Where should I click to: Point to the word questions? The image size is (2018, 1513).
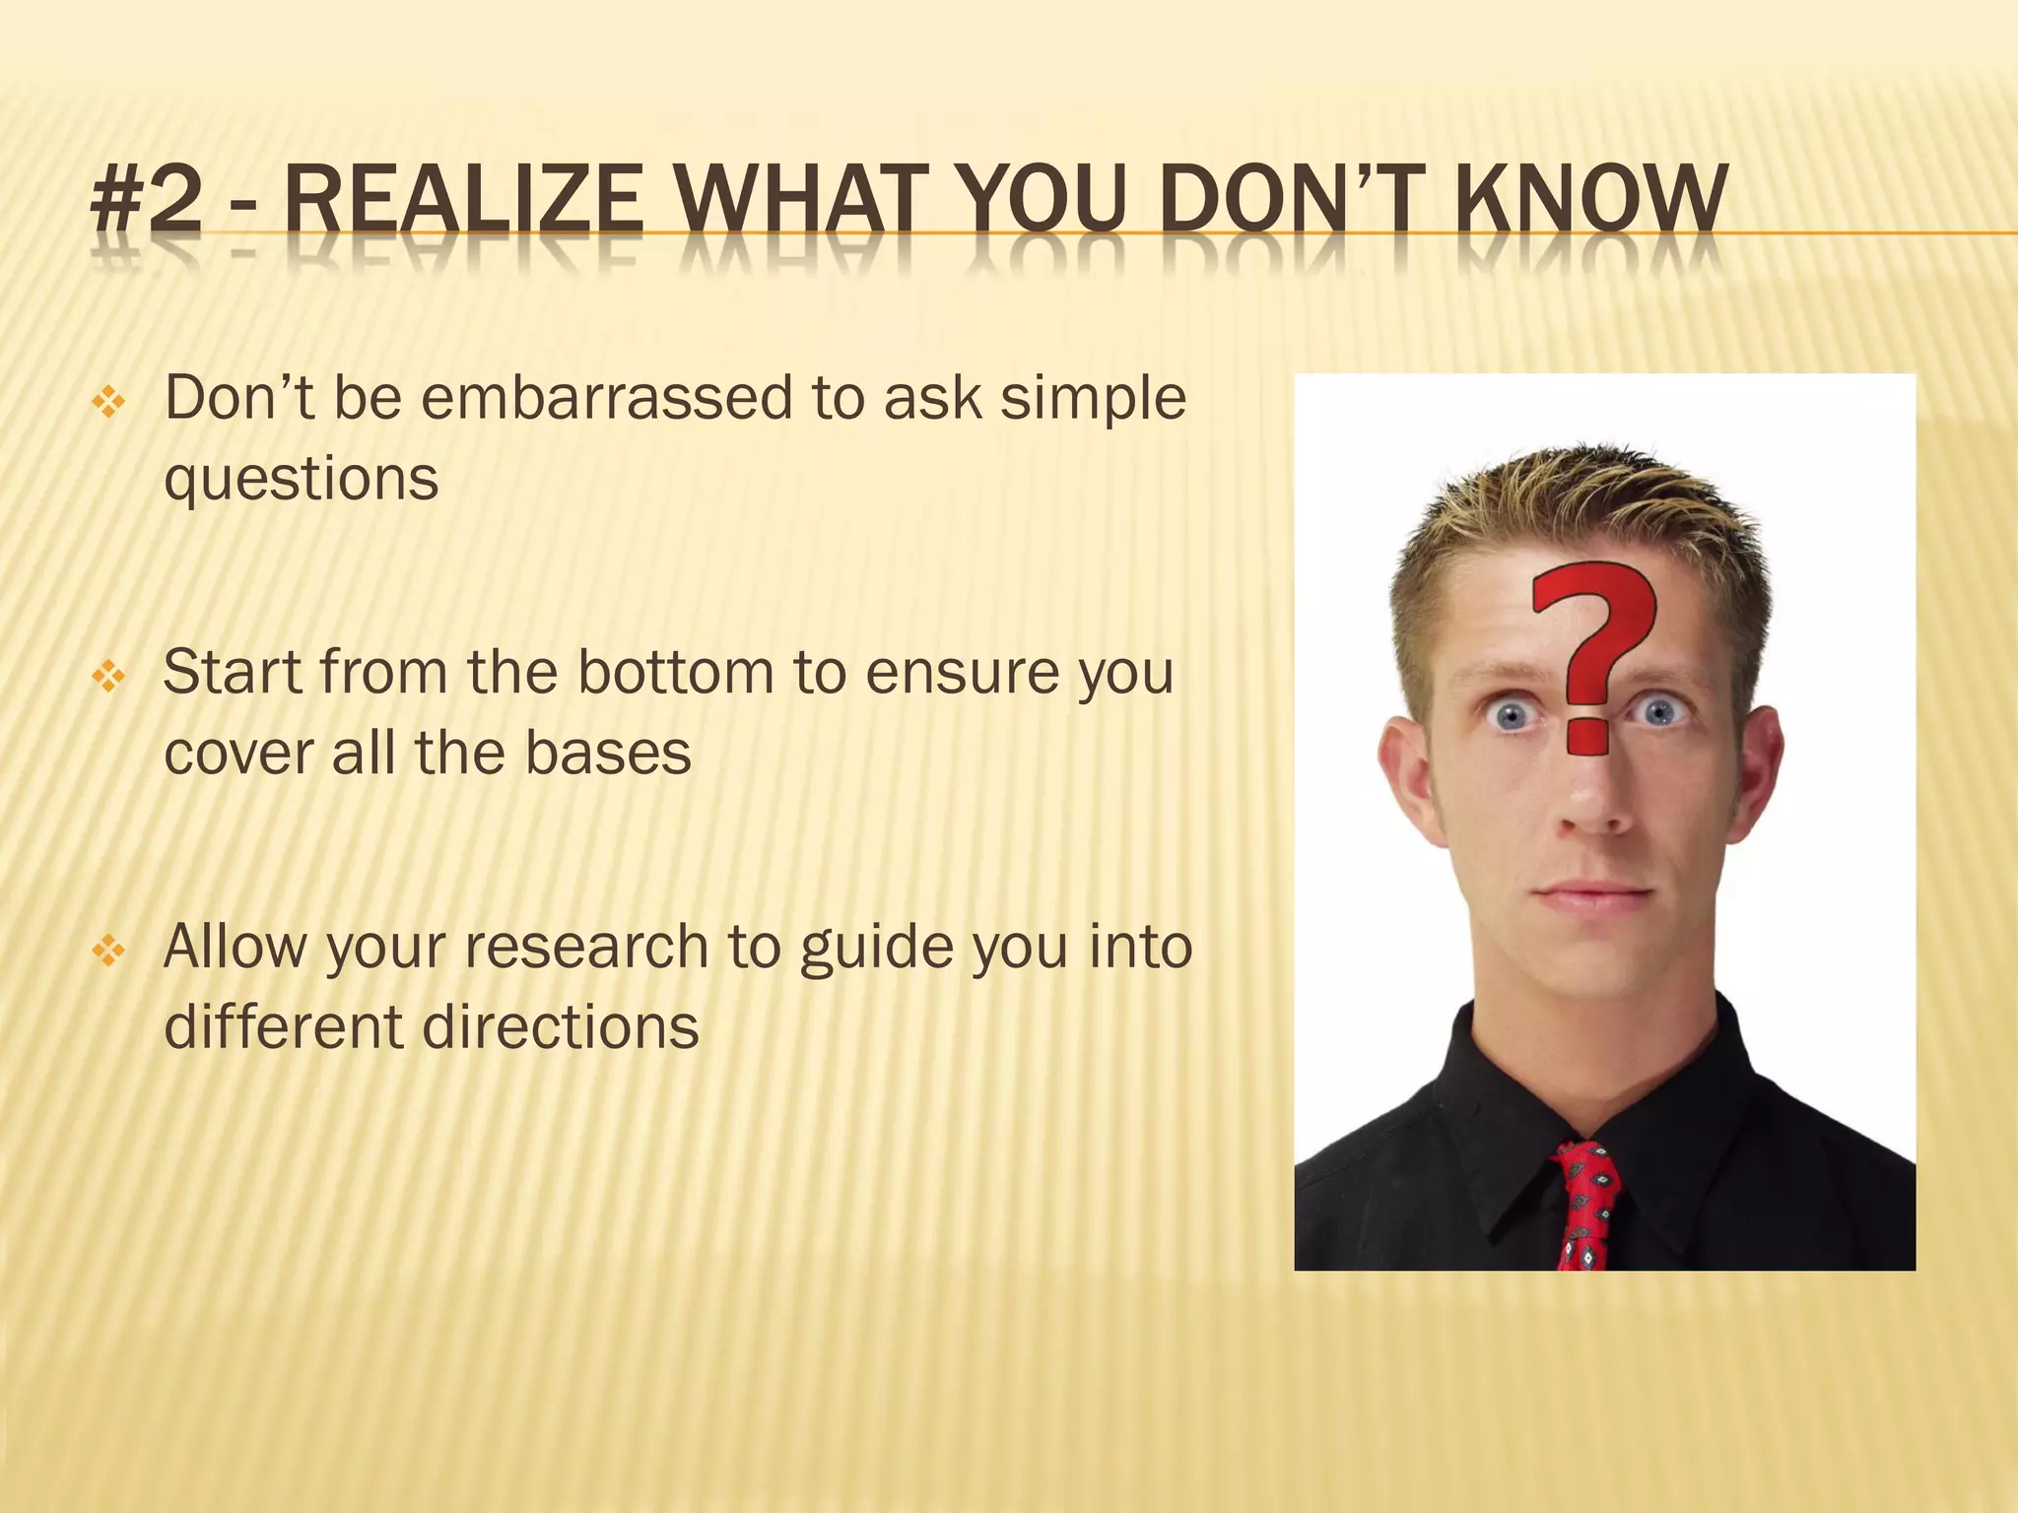[301, 480]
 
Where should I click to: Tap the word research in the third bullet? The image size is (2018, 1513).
[586, 947]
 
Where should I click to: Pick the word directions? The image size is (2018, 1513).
[561, 1027]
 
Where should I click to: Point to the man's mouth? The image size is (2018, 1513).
[1593, 896]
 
